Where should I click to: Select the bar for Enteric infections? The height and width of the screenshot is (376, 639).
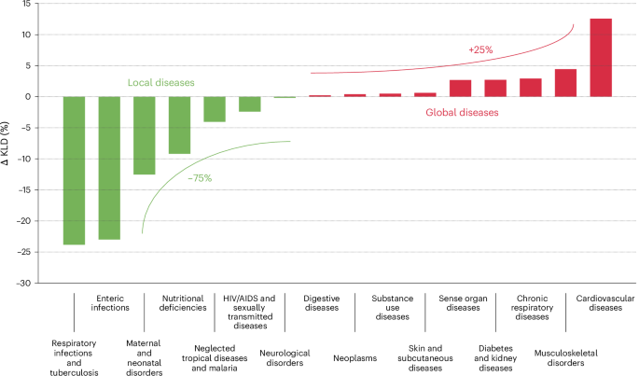click(109, 168)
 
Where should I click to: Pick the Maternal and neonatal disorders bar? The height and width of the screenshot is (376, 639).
click(145, 135)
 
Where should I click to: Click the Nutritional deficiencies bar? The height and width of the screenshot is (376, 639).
click(179, 125)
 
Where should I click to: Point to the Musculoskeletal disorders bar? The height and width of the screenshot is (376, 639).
click(566, 83)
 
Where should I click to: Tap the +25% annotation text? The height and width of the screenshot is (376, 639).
click(481, 49)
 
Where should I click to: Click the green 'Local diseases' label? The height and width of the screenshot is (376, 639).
click(161, 83)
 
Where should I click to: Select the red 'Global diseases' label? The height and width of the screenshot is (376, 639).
click(462, 112)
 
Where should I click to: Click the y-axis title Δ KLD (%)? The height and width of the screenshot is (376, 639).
click(7, 144)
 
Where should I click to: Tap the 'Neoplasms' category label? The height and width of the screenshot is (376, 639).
click(356, 356)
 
